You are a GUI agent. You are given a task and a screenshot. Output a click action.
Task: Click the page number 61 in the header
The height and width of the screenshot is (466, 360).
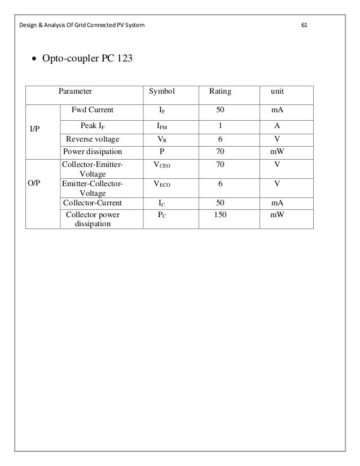click(305, 25)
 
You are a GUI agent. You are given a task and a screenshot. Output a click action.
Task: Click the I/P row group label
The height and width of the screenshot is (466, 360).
click(35, 129)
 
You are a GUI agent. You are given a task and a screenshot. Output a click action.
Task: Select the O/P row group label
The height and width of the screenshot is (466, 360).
click(35, 183)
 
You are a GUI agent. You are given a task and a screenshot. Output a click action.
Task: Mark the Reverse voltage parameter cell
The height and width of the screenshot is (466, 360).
click(93, 139)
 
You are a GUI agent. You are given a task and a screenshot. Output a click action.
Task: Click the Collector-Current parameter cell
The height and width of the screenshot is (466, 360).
click(93, 203)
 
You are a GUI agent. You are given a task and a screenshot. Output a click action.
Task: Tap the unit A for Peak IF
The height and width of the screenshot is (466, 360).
click(277, 126)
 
